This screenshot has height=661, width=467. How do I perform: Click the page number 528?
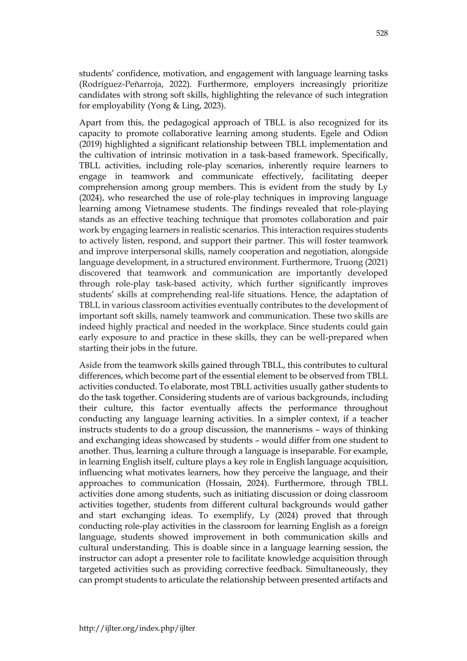(x=382, y=34)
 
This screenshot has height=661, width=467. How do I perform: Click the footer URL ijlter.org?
(x=137, y=628)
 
